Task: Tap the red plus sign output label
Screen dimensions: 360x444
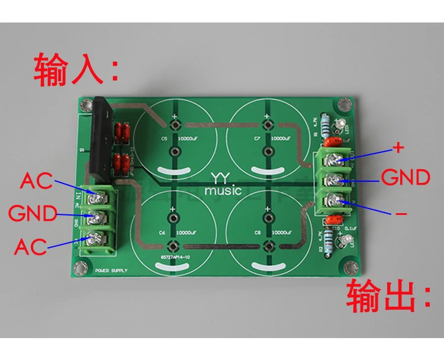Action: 398,147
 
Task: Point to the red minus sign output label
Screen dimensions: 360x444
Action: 400,211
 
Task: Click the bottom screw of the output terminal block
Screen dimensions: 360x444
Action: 336,199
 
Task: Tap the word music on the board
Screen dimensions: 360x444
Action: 223,191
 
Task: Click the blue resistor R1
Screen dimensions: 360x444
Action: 324,127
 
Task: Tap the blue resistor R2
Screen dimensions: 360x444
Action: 324,237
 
